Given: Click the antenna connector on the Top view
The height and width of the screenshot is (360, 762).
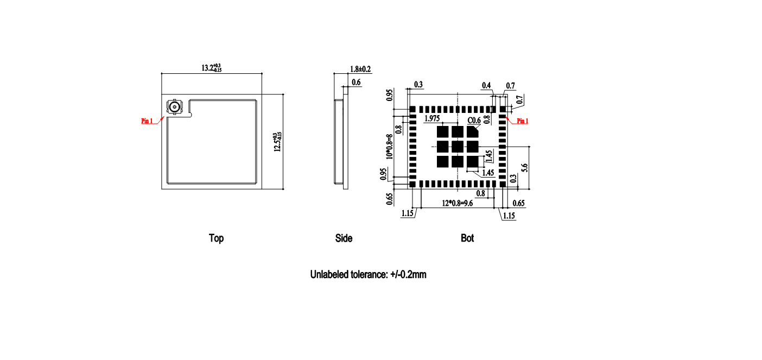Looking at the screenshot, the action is [x=175, y=107].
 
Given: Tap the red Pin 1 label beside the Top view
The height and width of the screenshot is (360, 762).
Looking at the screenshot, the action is [x=147, y=121].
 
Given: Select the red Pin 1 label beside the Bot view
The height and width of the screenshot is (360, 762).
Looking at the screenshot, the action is [x=523, y=121].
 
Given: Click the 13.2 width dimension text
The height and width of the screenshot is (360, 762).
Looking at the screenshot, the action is [x=211, y=68].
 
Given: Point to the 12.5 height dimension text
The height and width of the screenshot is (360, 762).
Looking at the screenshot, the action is [x=278, y=142].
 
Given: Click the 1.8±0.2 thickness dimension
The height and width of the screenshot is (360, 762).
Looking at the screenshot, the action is [x=360, y=69].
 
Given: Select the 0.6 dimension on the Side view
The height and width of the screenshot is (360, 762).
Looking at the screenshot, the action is [x=356, y=83].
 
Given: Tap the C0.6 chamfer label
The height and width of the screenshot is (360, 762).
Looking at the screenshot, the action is [x=474, y=121].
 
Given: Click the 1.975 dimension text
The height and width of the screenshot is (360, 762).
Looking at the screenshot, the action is [x=432, y=118].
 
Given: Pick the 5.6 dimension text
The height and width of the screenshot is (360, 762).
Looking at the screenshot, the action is [x=525, y=168].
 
